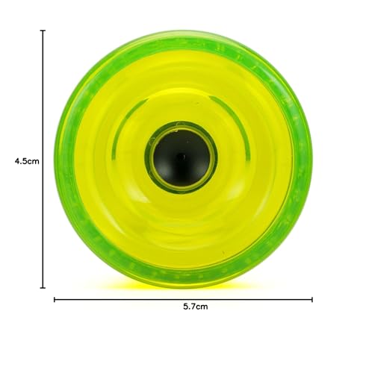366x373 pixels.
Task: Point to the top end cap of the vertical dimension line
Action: coord(43,31)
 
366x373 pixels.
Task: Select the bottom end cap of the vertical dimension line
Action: coord(43,286)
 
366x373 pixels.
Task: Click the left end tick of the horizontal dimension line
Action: coord(55,299)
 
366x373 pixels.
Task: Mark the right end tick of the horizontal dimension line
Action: coord(312,299)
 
